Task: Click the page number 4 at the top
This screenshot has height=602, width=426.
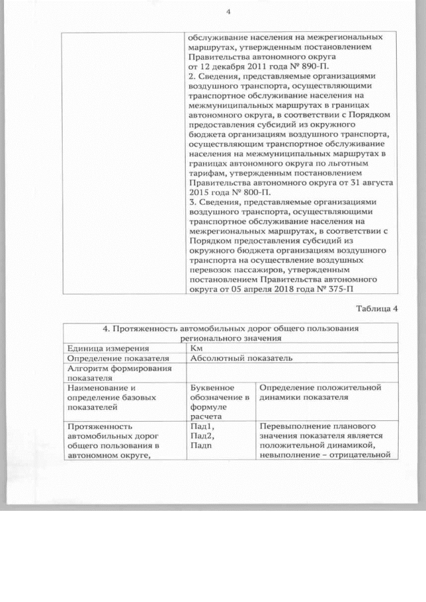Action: coord(228,11)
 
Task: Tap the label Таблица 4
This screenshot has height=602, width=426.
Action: coord(377,308)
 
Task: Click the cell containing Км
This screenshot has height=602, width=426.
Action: coord(196,347)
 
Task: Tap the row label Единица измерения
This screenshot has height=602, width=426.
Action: coord(106,347)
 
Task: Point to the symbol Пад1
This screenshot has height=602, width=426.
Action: coord(202,425)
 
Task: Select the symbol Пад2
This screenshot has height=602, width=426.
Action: coord(202,435)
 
